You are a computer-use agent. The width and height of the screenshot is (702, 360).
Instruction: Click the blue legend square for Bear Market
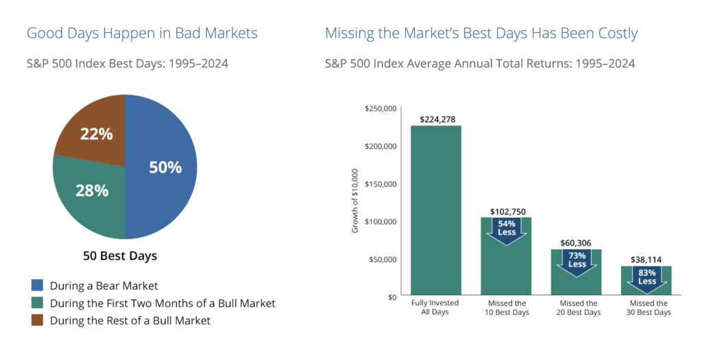[x=36, y=285]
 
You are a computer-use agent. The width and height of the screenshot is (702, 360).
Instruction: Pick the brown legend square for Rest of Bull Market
[x=36, y=320]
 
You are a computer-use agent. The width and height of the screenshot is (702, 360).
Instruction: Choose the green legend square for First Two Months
[x=36, y=303]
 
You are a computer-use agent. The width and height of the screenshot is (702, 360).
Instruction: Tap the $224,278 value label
[x=435, y=120]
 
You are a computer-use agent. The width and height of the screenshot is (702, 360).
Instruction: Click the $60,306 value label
[x=577, y=243]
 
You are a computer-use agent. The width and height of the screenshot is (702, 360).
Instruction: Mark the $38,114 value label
[x=647, y=260]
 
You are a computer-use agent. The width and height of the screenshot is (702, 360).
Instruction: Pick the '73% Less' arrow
[x=577, y=261]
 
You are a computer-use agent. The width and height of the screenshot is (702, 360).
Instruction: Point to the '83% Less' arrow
[x=647, y=278]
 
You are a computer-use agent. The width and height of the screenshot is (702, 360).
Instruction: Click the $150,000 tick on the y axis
[x=382, y=184]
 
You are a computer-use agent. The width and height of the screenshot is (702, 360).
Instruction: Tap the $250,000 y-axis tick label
[x=382, y=108]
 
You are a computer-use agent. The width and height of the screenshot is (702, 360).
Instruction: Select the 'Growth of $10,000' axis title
[x=355, y=203]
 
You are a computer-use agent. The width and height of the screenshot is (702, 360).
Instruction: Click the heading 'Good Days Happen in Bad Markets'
[x=142, y=32]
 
